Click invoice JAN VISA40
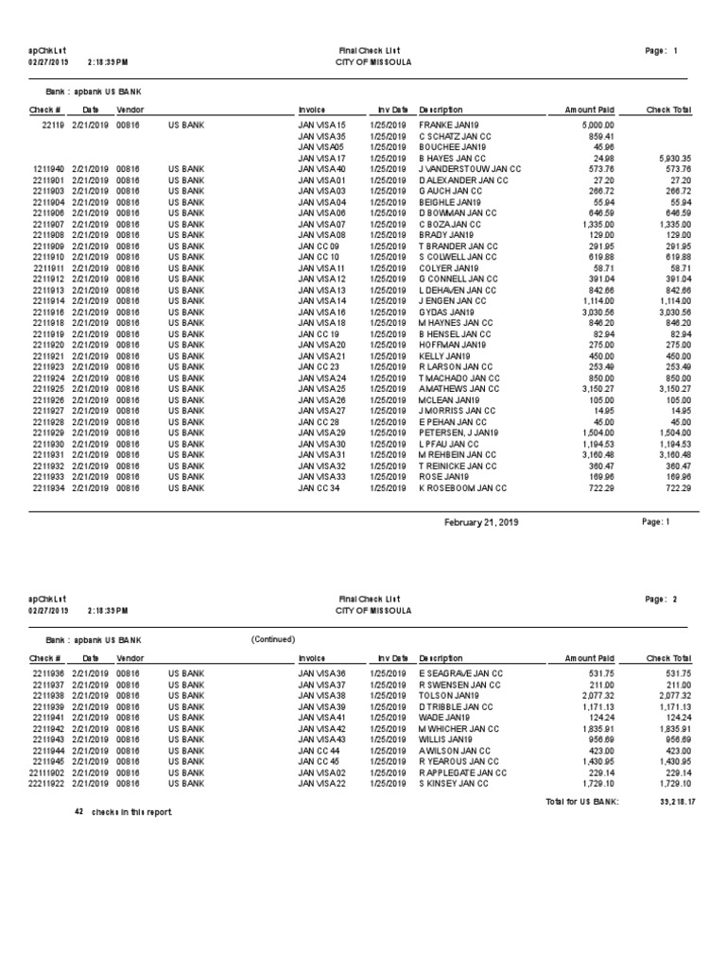pyautogui.click(x=322, y=169)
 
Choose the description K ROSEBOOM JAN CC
pyautogui.click(x=463, y=488)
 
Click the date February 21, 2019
pyautogui.click(x=481, y=522)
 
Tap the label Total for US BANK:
pyautogui.click(x=581, y=802)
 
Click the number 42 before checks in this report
pyautogui.click(x=79, y=811)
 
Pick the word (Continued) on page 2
pyautogui.click(x=273, y=639)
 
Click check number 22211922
pyautogui.click(x=45, y=784)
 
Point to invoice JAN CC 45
pyautogui.click(x=319, y=761)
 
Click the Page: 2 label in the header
pyautogui.click(x=661, y=600)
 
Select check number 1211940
pyautogui.click(x=48, y=169)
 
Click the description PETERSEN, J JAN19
pyautogui.click(x=458, y=433)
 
